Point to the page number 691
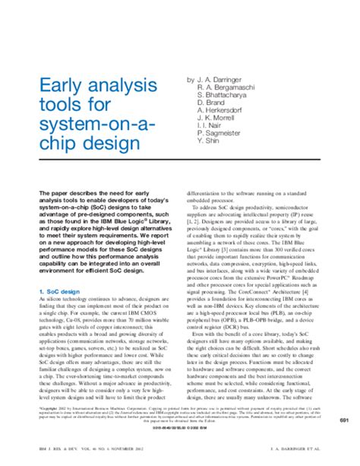click(343, 420)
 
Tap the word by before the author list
click(191, 78)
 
